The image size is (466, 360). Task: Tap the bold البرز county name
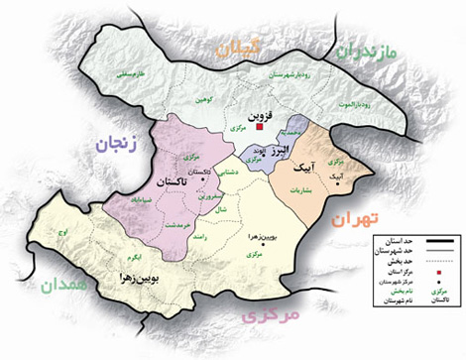(x=281, y=149)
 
